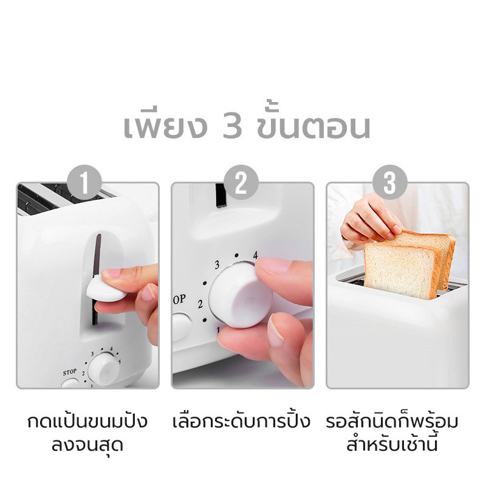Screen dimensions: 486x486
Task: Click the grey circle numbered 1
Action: (x=84, y=182)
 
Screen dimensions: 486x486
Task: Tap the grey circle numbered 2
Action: (x=241, y=182)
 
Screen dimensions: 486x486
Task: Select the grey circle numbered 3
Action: (x=390, y=182)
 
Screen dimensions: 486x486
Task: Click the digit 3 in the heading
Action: (x=232, y=127)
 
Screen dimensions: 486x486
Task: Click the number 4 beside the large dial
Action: (x=255, y=255)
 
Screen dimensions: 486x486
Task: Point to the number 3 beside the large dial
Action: (x=217, y=264)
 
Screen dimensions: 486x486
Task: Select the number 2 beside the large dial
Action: (x=200, y=304)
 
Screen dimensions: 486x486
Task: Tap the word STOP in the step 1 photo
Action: (x=69, y=372)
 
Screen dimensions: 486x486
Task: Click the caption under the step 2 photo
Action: (x=241, y=421)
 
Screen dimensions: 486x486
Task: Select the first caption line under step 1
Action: (x=87, y=421)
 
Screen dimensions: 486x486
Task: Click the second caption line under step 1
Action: (x=87, y=445)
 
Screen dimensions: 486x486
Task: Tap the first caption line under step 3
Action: (x=392, y=421)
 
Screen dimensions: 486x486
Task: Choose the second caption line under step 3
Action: (x=392, y=444)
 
